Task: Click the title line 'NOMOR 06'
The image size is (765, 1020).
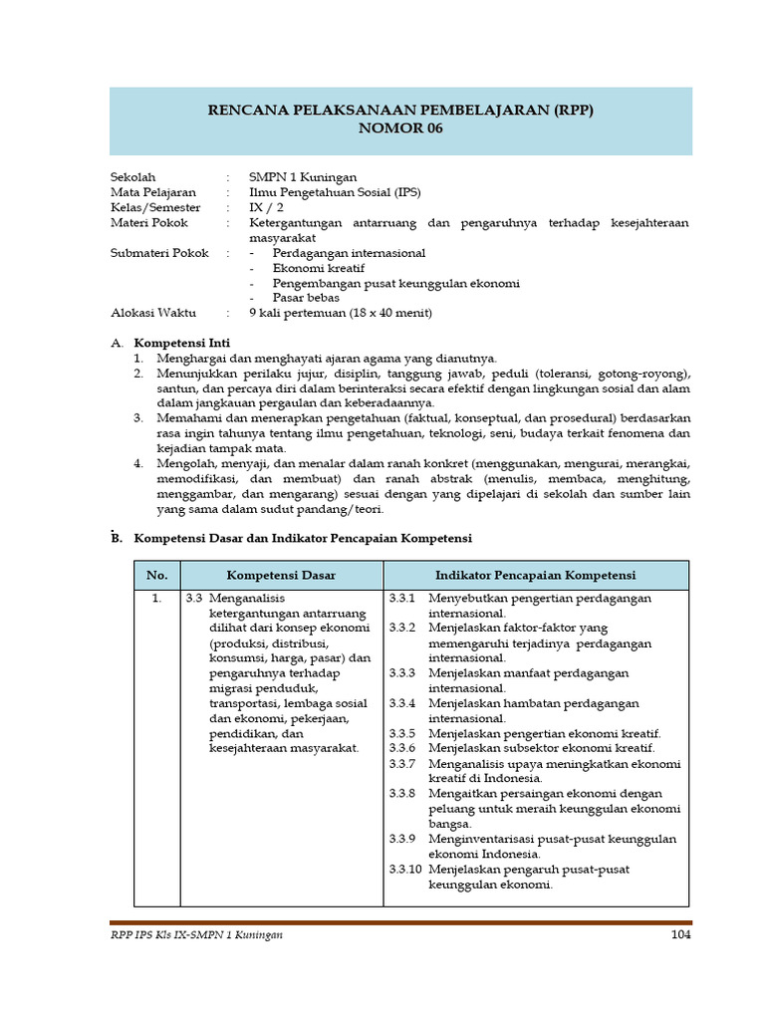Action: click(x=398, y=128)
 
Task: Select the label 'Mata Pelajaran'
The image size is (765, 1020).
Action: click(x=152, y=192)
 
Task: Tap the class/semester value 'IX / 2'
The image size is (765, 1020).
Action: click(x=266, y=207)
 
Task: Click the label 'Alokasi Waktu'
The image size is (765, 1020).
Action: click(x=152, y=313)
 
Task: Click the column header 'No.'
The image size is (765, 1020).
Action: click(x=156, y=576)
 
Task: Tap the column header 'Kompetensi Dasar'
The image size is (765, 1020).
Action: click(x=281, y=576)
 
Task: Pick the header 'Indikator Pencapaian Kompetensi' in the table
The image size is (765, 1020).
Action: click(x=535, y=576)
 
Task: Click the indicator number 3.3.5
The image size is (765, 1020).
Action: click(x=402, y=733)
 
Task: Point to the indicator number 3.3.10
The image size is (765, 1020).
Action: click(x=405, y=869)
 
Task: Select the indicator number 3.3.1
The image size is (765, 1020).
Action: click(x=402, y=599)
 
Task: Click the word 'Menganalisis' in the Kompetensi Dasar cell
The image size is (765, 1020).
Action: click(x=247, y=599)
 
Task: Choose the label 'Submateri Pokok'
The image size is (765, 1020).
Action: click(x=159, y=253)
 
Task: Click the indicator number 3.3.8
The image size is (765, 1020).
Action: click(x=402, y=794)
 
